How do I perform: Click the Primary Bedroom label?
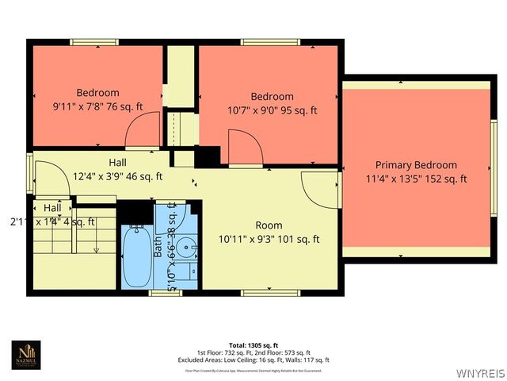pyautogui.click(x=416, y=165)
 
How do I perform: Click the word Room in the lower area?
pyautogui.click(x=269, y=225)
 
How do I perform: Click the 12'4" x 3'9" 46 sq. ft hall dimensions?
pyautogui.click(x=118, y=176)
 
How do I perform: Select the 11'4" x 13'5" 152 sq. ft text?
pyautogui.click(x=416, y=179)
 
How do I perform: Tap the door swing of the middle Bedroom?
pyautogui.click(x=242, y=146)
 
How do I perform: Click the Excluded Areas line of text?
pyautogui.click(x=253, y=360)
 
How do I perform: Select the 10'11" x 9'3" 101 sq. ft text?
pyautogui.click(x=269, y=238)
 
